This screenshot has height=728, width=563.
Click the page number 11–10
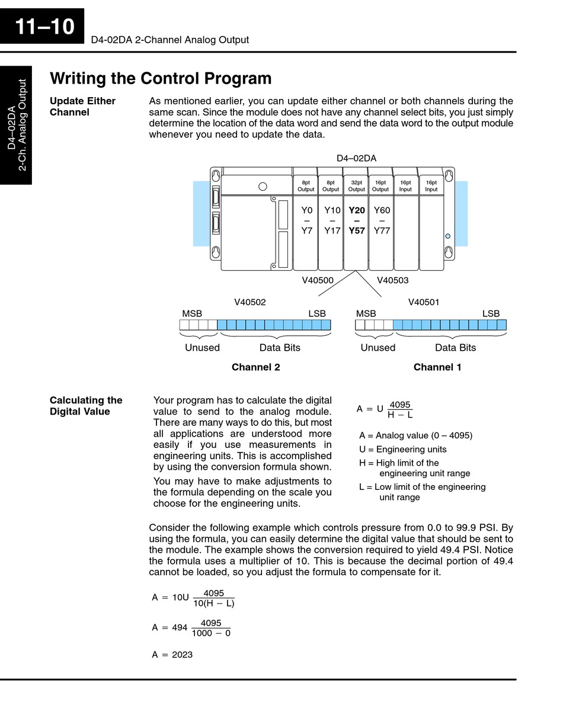click(44, 27)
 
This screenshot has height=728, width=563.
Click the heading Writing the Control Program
click(161, 79)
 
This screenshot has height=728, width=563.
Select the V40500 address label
click(318, 280)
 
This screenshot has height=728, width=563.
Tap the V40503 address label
click(392, 280)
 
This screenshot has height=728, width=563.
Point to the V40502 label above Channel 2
click(250, 302)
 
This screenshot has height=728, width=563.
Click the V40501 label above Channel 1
click(424, 302)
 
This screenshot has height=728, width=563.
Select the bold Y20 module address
click(357, 210)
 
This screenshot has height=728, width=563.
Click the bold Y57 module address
click(357, 231)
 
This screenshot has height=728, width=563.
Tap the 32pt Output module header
click(357, 186)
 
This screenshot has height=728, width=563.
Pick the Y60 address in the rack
click(382, 210)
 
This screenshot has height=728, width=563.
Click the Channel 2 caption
click(255, 367)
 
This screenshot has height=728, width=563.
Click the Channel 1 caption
click(437, 367)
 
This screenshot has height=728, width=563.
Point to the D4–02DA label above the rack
click(356, 158)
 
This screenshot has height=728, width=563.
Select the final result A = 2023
click(172, 655)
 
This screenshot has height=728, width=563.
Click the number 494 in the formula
click(180, 627)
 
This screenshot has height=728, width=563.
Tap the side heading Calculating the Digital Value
click(86, 406)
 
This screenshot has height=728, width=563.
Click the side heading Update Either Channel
click(82, 107)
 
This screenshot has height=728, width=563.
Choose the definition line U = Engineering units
click(403, 450)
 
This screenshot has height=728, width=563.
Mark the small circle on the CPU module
click(263, 187)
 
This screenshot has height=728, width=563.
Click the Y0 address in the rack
click(306, 210)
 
